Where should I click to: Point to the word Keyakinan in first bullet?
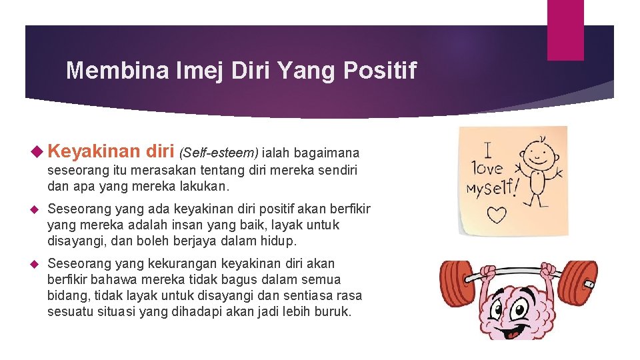(93, 153)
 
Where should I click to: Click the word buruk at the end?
(332, 311)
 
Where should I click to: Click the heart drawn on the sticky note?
(497, 215)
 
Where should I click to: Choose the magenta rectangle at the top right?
(565, 30)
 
